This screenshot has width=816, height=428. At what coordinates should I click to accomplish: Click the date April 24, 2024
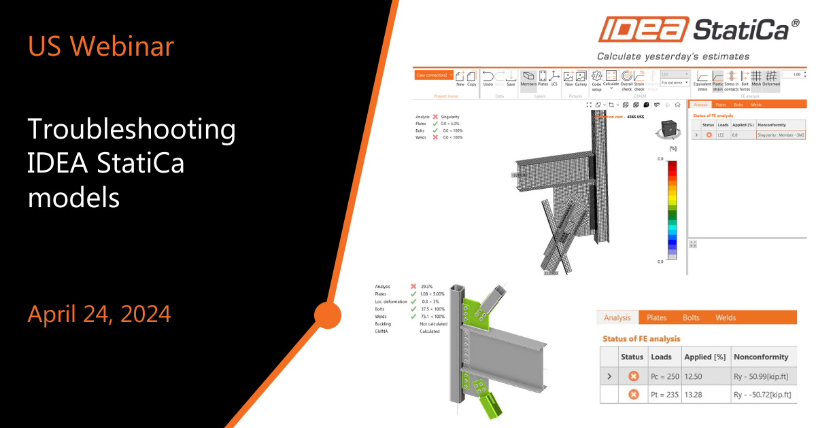click(x=99, y=314)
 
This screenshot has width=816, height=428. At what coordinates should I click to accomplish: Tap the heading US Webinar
click(x=101, y=46)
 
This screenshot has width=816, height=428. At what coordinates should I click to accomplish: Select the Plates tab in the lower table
click(x=656, y=317)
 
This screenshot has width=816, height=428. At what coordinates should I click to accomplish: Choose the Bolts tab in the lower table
click(x=691, y=317)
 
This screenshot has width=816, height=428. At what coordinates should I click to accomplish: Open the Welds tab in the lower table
click(x=726, y=317)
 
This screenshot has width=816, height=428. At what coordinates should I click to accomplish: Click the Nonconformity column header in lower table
click(x=761, y=357)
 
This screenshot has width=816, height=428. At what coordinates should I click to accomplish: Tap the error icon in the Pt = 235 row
click(x=633, y=395)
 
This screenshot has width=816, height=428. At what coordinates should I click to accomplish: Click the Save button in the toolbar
click(x=511, y=79)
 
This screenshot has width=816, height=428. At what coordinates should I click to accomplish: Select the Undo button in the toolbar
click(x=488, y=79)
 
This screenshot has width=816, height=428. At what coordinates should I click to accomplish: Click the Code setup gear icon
click(x=596, y=79)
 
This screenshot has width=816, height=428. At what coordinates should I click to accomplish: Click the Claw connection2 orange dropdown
click(x=433, y=75)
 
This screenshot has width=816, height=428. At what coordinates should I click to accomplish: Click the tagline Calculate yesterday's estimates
click(x=673, y=56)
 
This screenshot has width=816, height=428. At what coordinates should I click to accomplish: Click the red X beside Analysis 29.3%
click(x=413, y=287)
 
